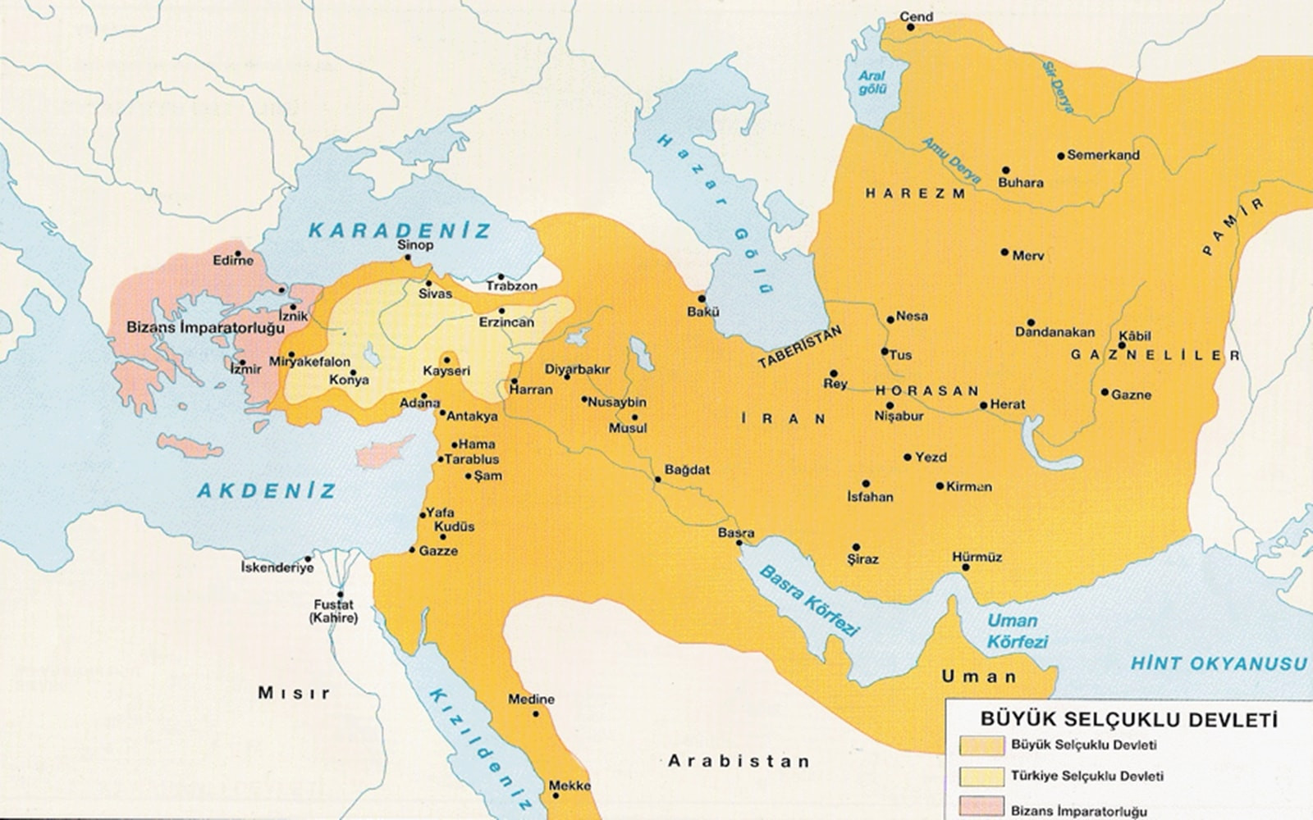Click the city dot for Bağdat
click(x=657, y=480)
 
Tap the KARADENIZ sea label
click(x=400, y=230)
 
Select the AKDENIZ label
click(x=267, y=490)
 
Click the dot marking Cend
click(x=910, y=27)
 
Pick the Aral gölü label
click(x=872, y=82)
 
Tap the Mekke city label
click(x=570, y=786)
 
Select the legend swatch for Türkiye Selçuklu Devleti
click(x=981, y=775)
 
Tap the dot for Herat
click(x=983, y=405)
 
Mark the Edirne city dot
click(x=238, y=253)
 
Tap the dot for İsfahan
click(x=866, y=484)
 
